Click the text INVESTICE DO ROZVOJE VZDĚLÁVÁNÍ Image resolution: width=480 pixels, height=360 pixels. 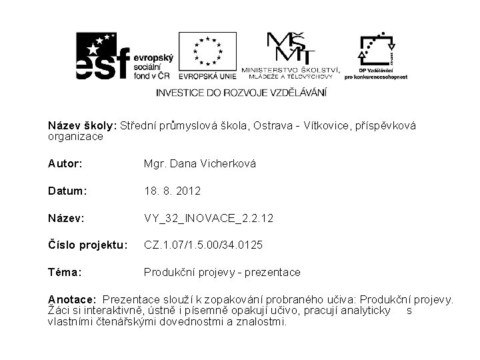[x=241, y=92]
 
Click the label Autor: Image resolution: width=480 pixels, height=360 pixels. [x=65, y=163]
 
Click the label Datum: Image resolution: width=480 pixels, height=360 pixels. [x=67, y=191]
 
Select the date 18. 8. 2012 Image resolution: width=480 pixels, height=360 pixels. [x=172, y=191]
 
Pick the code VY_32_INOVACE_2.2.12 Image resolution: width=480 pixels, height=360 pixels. [x=209, y=218]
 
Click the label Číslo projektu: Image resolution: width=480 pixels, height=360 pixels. [x=86, y=245]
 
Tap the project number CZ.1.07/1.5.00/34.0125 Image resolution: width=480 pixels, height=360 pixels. [x=203, y=245]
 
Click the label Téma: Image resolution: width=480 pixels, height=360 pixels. [x=65, y=272]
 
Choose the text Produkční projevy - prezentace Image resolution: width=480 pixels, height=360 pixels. [x=223, y=272]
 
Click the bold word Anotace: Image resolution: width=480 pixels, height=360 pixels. [x=73, y=299]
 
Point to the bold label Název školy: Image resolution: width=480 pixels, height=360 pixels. [x=82, y=125]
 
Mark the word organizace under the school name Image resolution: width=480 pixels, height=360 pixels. [x=75, y=137]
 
